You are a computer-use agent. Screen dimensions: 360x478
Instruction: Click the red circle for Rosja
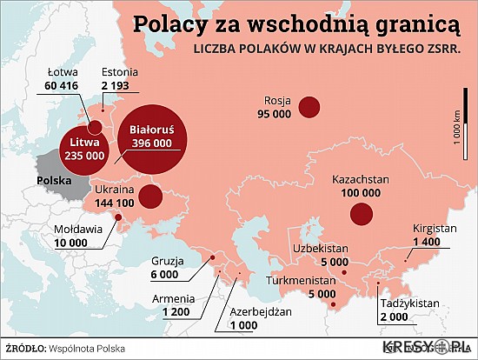309,107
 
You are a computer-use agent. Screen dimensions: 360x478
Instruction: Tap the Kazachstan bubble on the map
360,213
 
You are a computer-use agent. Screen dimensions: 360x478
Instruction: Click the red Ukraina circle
149,196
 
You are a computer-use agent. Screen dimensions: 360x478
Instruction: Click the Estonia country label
121,71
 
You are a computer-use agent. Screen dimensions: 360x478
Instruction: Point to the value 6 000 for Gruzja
163,275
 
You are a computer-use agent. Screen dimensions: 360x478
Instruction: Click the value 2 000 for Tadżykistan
392,317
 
